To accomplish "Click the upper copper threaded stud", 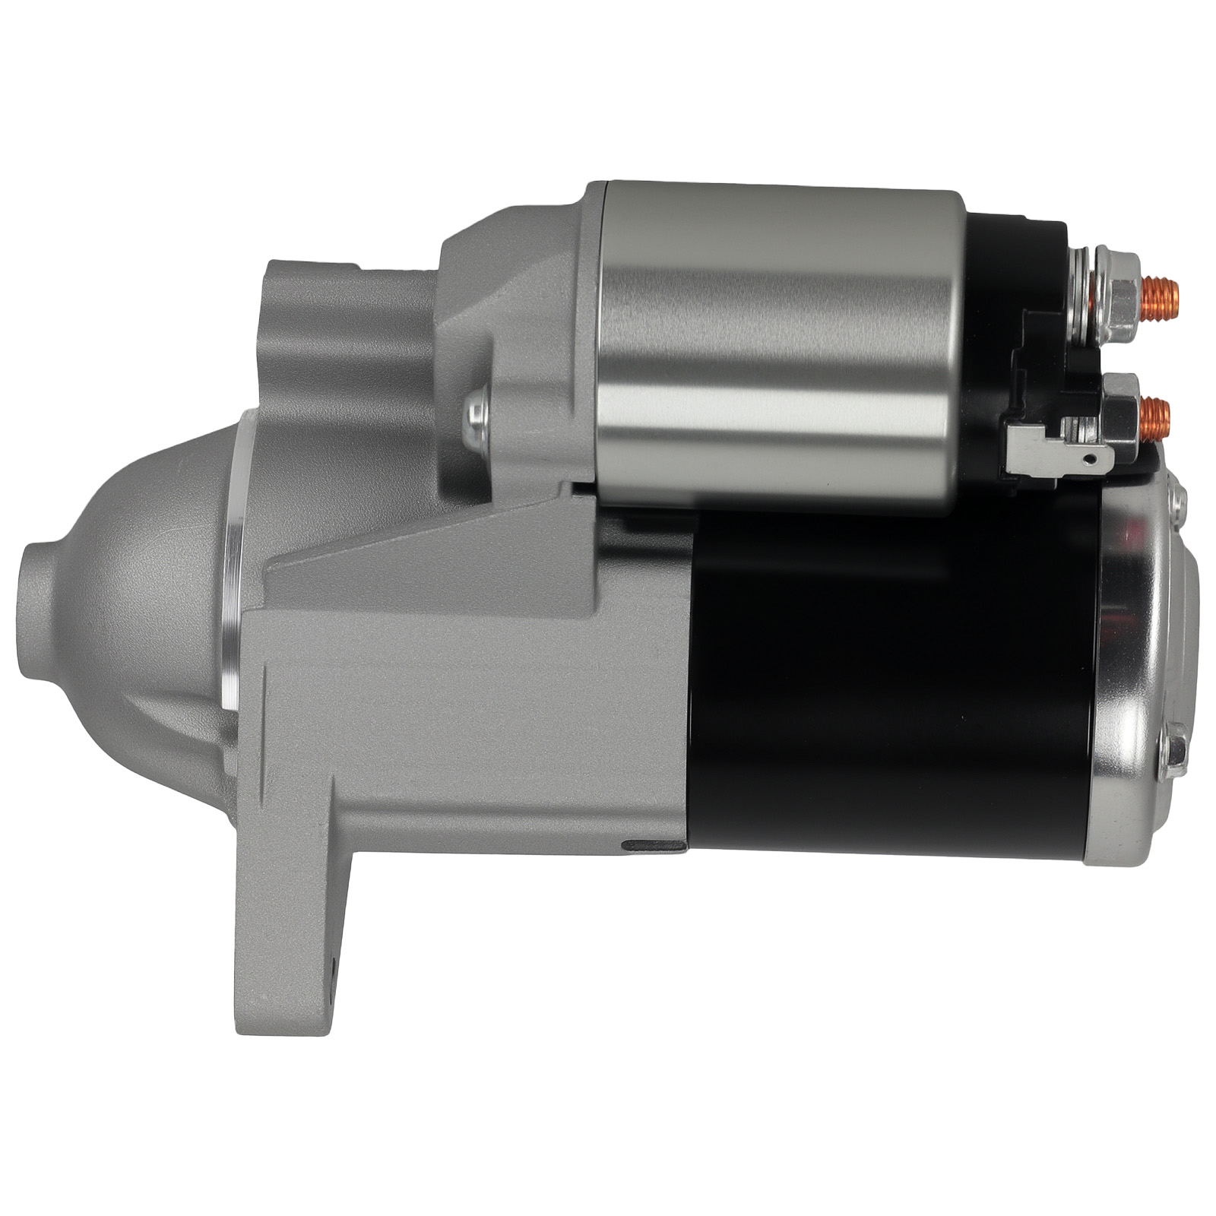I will pyautogui.click(x=1158, y=293).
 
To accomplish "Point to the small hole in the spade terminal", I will pyautogui.click(x=1091, y=458).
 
